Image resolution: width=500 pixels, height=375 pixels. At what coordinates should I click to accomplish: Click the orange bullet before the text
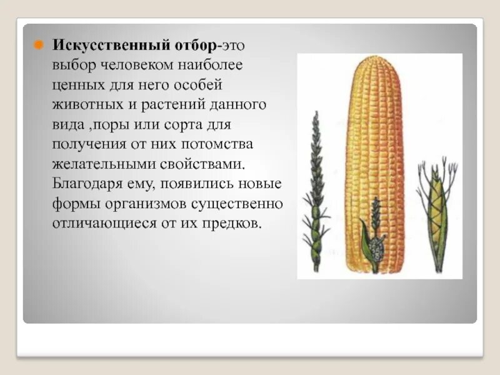[x=37, y=46]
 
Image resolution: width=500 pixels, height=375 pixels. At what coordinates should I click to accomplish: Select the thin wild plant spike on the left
[x=316, y=187]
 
